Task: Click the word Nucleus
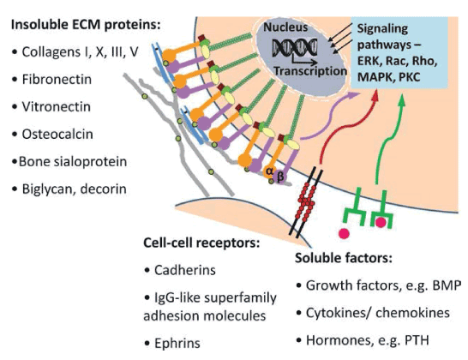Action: click(285, 27)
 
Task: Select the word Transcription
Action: click(310, 71)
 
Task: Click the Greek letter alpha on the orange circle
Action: click(269, 171)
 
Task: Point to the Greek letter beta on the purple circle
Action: click(280, 177)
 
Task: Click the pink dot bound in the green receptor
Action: click(381, 222)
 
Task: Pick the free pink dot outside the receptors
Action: click(344, 233)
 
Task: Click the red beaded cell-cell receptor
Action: click(306, 202)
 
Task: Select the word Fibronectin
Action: click(57, 80)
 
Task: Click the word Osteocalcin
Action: click(57, 134)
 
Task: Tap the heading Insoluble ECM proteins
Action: click(86, 25)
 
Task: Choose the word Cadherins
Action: click(185, 270)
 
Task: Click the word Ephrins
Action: click(177, 343)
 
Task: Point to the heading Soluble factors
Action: click(343, 258)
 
